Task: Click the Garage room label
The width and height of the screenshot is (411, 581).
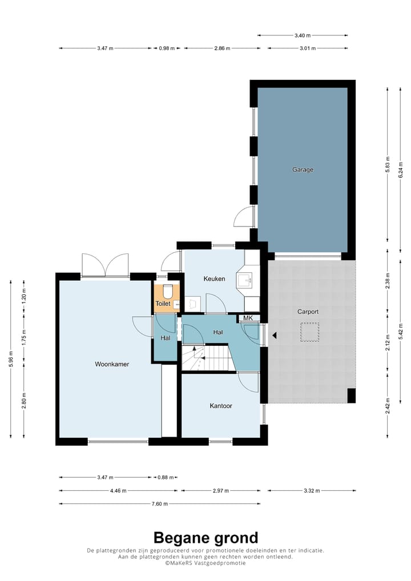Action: coord(303,170)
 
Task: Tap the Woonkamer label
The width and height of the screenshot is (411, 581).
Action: coord(112,364)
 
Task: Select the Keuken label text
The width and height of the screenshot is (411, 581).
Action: coord(214,279)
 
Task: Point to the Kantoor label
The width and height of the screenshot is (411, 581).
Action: coord(221,406)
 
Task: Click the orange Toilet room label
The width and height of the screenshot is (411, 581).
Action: coord(163,304)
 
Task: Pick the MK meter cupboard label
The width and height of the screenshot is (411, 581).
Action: coord(248,318)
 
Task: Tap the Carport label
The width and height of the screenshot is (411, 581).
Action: coord(308,312)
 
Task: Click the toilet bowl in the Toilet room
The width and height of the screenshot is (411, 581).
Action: coord(168,291)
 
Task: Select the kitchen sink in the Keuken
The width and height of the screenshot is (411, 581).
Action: coord(244,280)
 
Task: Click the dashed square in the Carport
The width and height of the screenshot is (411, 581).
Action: coord(309,332)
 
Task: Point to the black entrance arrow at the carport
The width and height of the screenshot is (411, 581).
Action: coord(275,336)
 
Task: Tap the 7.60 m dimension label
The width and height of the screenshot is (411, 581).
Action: coord(159,503)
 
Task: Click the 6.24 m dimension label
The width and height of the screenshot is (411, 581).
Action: coord(400,170)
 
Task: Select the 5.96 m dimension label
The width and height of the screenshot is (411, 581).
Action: coord(10,358)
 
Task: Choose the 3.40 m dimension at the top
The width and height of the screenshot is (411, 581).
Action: coord(303,35)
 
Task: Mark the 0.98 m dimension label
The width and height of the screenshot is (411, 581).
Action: coord(167,48)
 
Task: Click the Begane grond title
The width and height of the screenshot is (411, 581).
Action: coord(205,538)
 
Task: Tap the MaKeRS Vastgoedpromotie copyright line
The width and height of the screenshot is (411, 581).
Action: coord(205,563)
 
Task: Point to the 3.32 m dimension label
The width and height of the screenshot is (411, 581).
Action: coord(312,491)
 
